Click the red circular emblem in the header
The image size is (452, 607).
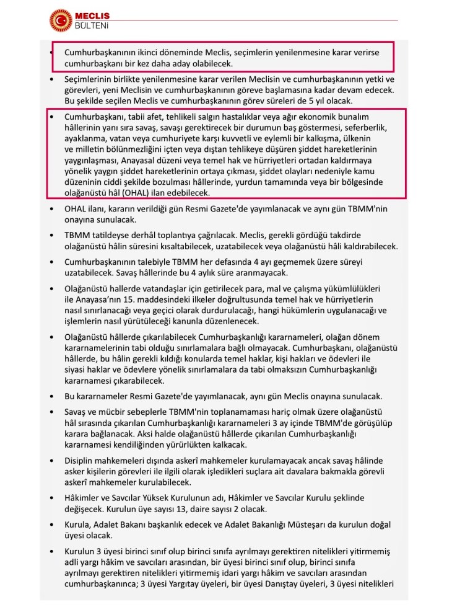(60, 20)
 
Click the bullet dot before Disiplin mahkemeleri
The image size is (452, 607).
(52, 461)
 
